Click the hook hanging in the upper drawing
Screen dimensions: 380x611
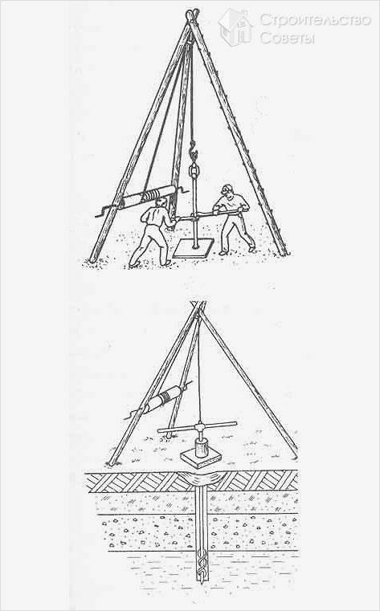point(194,151)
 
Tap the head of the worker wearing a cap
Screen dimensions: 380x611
point(227,190)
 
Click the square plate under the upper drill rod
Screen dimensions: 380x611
point(194,248)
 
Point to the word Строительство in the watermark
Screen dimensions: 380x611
point(315,20)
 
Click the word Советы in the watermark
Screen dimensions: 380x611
point(287,38)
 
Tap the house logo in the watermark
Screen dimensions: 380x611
point(235,27)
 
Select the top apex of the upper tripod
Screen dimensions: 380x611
point(192,14)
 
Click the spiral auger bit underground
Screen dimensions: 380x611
point(202,565)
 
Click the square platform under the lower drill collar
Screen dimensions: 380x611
point(201,458)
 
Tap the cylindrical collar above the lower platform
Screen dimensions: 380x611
point(201,447)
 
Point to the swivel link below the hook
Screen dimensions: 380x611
point(194,170)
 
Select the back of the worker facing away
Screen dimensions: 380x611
point(153,215)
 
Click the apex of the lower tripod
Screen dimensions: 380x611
point(198,306)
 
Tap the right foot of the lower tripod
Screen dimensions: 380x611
point(296,456)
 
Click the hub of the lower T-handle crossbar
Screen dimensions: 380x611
point(200,426)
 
